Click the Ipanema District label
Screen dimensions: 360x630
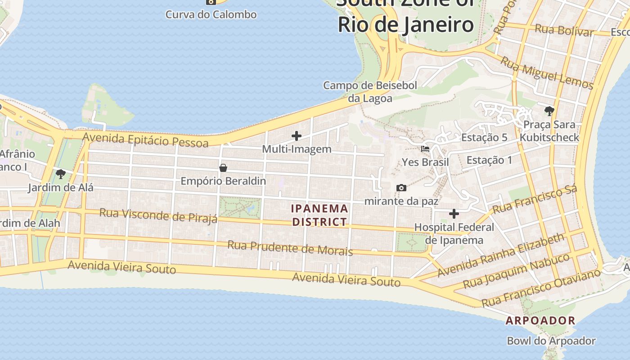(319, 215)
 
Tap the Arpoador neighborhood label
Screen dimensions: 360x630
(540, 320)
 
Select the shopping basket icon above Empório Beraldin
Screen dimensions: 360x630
(223, 168)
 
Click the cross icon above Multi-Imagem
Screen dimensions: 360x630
(297, 135)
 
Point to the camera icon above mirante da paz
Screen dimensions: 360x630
(401, 188)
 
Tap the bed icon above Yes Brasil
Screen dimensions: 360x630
(425, 148)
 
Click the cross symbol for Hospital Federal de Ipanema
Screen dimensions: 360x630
(454, 214)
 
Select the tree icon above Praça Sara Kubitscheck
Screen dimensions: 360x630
(549, 111)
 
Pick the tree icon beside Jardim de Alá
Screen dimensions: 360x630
(61, 174)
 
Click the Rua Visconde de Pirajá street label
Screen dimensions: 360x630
(158, 215)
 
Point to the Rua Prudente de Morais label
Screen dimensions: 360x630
(290, 247)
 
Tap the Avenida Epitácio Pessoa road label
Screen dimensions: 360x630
(146, 139)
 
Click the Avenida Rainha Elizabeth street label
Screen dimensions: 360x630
(500, 255)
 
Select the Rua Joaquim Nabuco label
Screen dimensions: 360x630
(516, 271)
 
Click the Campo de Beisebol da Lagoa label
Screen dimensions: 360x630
(370, 91)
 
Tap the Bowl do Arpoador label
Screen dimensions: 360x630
(551, 341)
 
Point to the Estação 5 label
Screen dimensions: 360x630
(484, 138)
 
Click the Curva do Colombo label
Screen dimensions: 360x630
(211, 14)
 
